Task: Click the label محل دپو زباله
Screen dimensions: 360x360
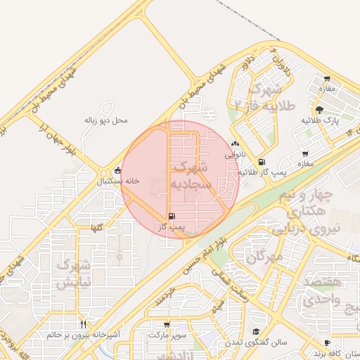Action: pyautogui.click(x=106, y=120)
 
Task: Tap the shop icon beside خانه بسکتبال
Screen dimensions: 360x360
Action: pyautogui.click(x=117, y=170)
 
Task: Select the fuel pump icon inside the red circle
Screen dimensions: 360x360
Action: pyautogui.click(x=173, y=216)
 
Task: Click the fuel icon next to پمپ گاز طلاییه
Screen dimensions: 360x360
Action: pyautogui.click(x=262, y=162)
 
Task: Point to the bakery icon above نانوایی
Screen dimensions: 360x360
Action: pyautogui.click(x=235, y=143)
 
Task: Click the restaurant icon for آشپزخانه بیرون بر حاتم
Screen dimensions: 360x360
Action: pyautogui.click(x=84, y=324)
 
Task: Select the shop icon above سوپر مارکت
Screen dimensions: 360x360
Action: pyautogui.click(x=167, y=325)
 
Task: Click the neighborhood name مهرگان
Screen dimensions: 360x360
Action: pyautogui.click(x=264, y=257)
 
